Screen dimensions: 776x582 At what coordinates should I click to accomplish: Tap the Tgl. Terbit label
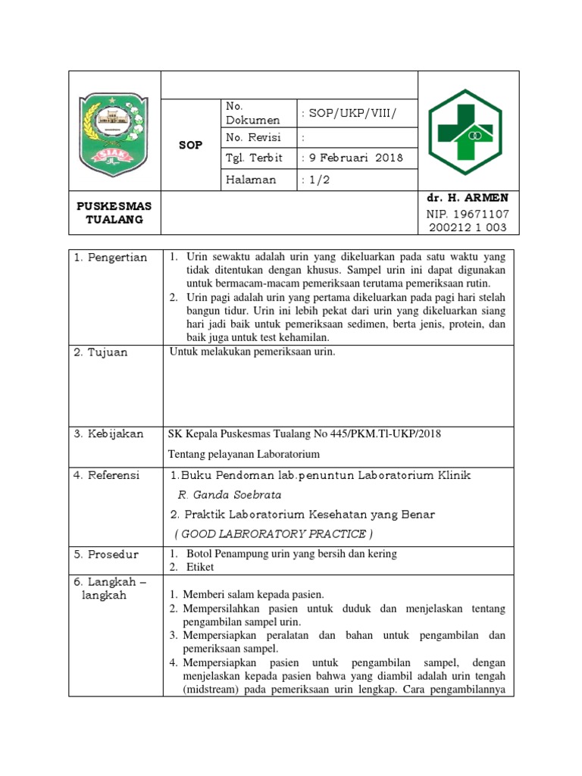coord(254,158)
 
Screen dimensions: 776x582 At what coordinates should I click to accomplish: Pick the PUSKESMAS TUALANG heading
coord(114,213)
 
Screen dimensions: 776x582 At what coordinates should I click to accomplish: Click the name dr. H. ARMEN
coord(468,198)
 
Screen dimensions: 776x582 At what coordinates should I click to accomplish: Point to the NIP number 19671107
coord(468,213)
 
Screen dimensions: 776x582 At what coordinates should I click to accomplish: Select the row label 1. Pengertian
coord(111,258)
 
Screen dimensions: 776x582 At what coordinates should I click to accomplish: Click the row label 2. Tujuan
coord(102,352)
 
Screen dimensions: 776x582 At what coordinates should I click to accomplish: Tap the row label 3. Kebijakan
coord(108,433)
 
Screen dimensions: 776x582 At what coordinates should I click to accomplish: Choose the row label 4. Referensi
coord(107,475)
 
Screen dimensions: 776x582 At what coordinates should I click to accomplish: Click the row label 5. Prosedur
coord(106,554)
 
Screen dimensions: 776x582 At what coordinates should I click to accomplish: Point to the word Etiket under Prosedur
coord(200,567)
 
